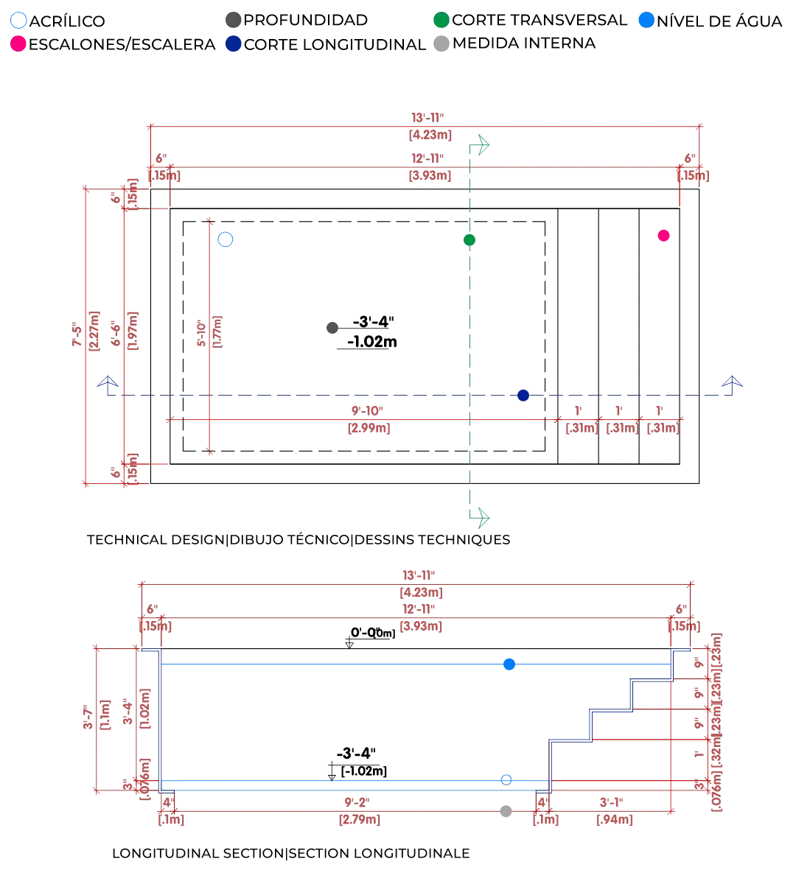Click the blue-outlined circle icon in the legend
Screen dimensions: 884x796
coord(17,21)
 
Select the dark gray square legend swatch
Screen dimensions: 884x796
coord(233,21)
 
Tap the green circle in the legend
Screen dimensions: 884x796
coord(441,21)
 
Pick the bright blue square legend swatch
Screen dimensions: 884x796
coord(646,21)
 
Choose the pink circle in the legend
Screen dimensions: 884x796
coord(17,45)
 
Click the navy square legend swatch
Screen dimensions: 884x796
coord(233,45)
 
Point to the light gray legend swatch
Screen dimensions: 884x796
coord(441,45)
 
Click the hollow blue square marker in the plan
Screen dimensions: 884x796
coord(226,239)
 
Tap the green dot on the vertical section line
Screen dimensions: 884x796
coord(469,239)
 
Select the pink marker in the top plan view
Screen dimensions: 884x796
coord(663,235)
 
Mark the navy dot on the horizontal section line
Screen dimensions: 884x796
coord(523,397)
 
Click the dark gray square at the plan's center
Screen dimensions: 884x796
coord(332,327)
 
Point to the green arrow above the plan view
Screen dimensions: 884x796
coord(483,144)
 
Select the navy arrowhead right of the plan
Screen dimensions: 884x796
coord(733,382)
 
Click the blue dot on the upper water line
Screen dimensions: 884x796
coord(509,664)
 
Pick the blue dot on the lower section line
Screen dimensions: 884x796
coord(506,780)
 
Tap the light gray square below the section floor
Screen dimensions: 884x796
coord(504,810)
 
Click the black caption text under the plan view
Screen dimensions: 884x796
coord(298,541)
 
